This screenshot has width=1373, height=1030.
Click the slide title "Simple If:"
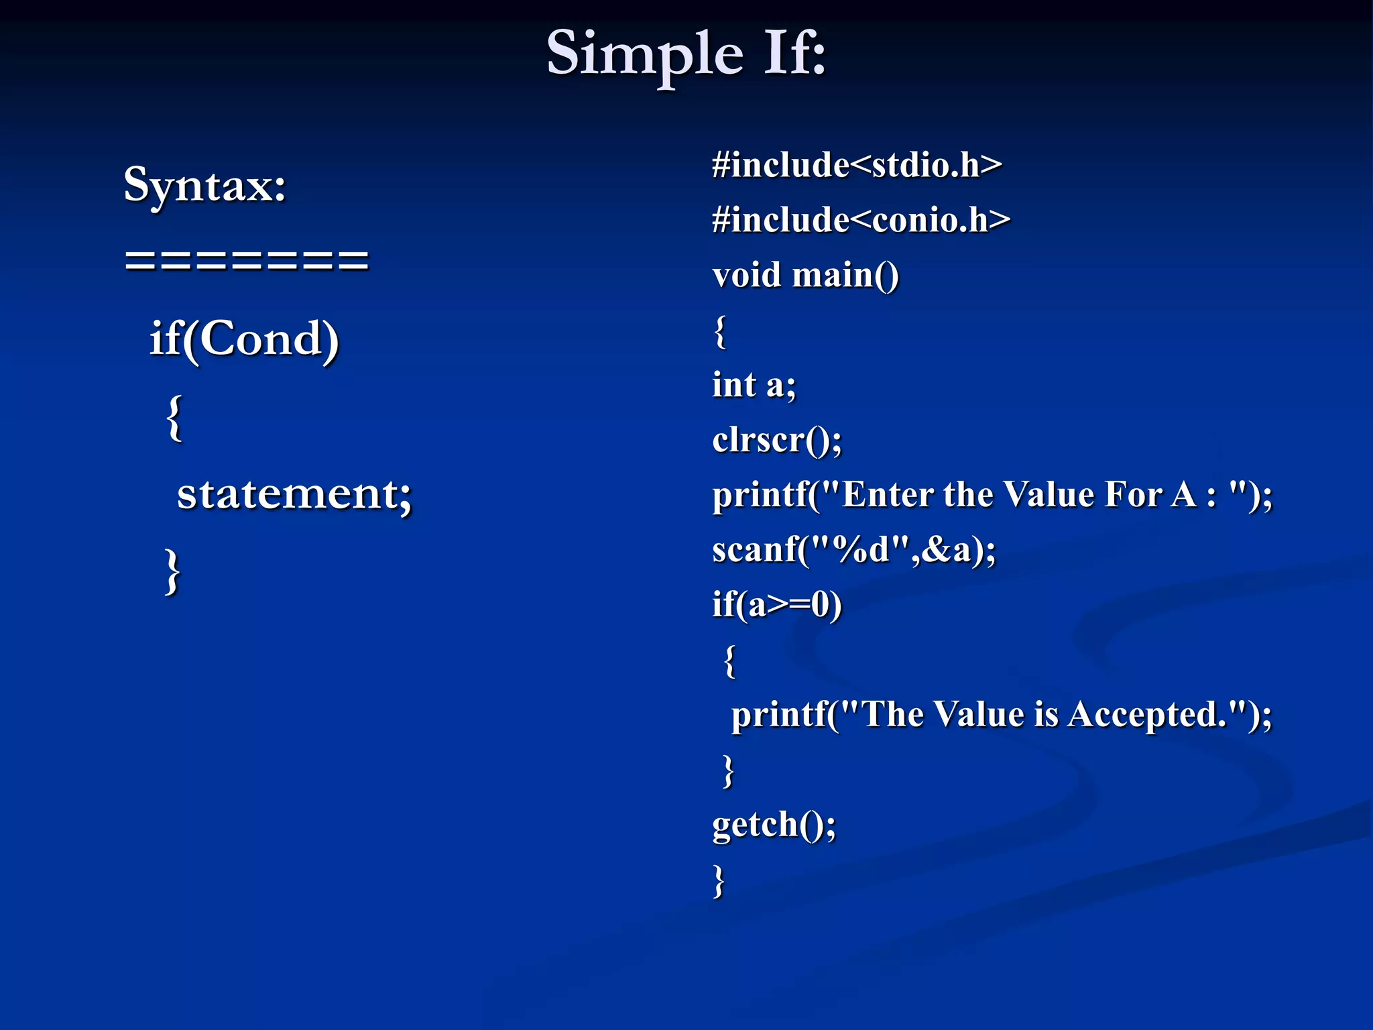coord(686,54)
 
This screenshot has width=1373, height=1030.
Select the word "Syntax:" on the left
coord(205,185)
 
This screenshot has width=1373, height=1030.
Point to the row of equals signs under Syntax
coord(247,260)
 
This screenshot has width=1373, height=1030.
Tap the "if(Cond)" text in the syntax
coord(244,339)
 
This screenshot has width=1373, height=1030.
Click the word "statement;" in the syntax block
coord(294,494)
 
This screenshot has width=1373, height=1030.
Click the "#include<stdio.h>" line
coord(857,165)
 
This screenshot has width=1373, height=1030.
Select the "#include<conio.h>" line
coord(861,220)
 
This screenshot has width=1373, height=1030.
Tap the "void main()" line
coord(805,275)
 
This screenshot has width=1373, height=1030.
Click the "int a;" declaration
coord(754,385)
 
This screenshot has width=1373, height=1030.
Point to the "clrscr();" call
coord(776,441)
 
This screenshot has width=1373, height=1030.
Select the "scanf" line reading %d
coord(853,550)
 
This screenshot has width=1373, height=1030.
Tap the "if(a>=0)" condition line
coord(776,605)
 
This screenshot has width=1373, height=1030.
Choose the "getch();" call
coord(774,824)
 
